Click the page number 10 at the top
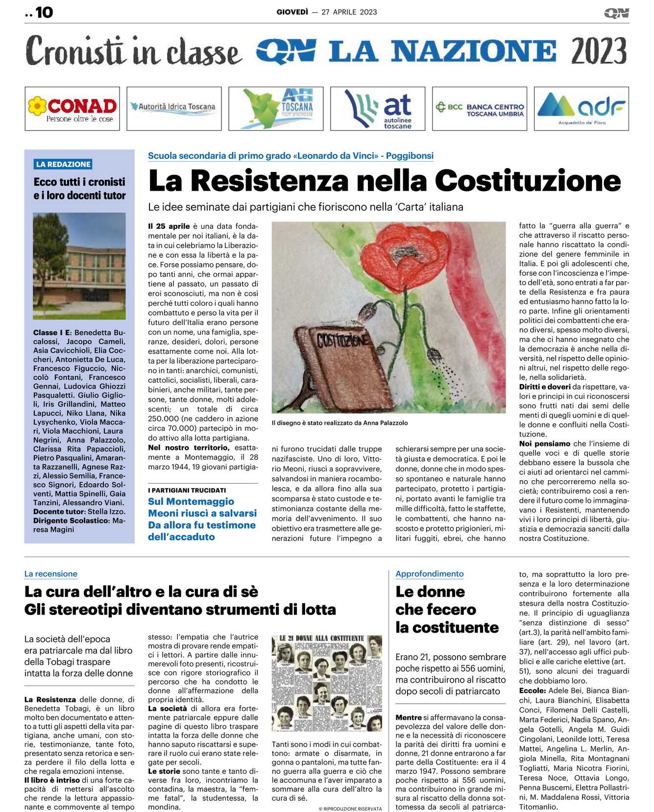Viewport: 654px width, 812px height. tap(44, 12)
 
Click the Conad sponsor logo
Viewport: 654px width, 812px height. tap(72, 109)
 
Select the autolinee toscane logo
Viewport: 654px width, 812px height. tap(378, 109)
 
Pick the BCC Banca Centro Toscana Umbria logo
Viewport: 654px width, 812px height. tap(480, 109)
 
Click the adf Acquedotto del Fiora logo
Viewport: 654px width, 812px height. tap(581, 109)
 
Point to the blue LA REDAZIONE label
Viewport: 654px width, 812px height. tap(63, 164)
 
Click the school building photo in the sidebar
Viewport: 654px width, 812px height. tap(79, 266)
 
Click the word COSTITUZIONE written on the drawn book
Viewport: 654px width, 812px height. tap(342, 340)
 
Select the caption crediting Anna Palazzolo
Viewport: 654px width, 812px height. tap(339, 423)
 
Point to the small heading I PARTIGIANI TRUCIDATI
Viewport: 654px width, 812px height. tap(187, 490)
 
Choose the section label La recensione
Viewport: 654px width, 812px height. tap(51, 574)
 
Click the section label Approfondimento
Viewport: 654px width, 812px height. tap(430, 574)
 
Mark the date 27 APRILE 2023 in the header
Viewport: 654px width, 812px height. tap(349, 12)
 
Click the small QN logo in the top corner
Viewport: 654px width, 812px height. tap(616, 13)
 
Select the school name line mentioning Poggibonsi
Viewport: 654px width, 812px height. tap(291, 156)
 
